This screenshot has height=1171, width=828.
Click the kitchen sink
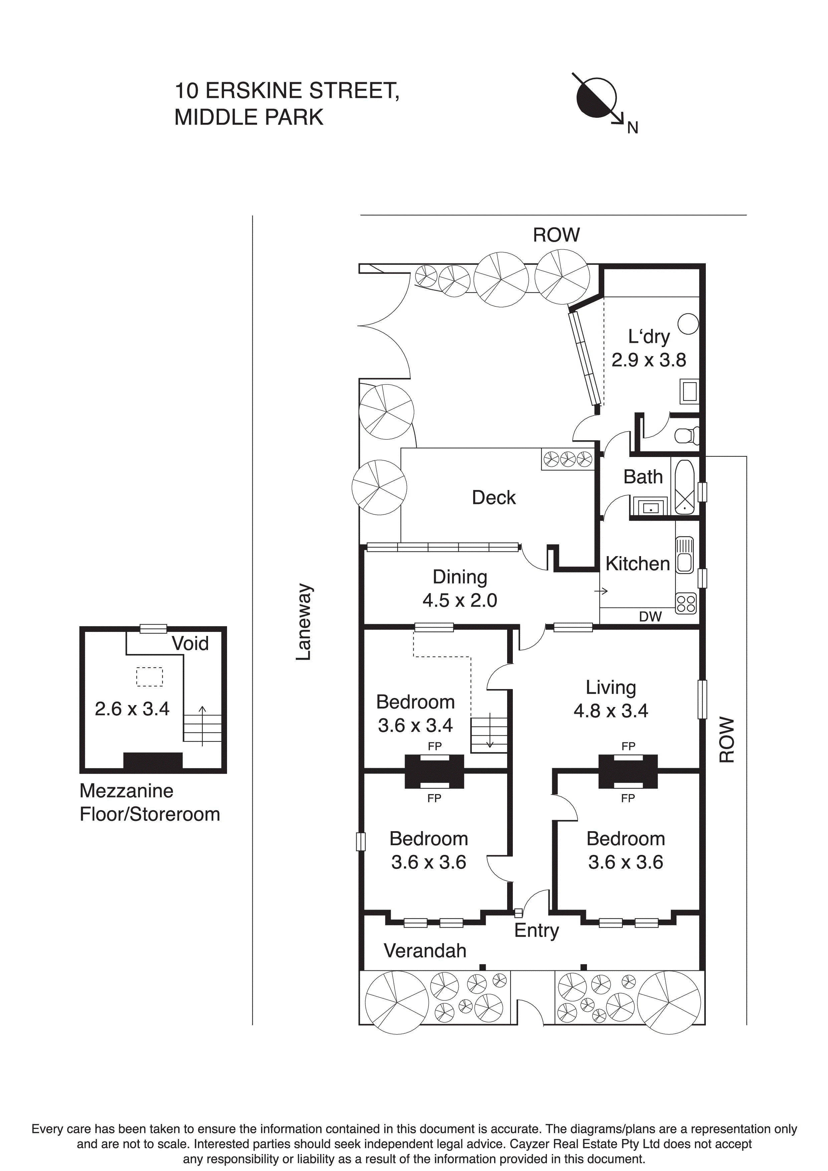pyautogui.click(x=684, y=555)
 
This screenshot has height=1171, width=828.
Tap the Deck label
pyautogui.click(x=493, y=497)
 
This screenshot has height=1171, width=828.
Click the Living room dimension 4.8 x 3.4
pyautogui.click(x=610, y=710)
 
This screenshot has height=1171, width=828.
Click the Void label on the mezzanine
pyautogui.click(x=190, y=643)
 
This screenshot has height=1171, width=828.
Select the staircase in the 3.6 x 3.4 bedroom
pyautogui.click(x=489, y=735)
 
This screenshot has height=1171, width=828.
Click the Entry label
pyautogui.click(x=536, y=930)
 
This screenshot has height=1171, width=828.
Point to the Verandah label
pyautogui.click(x=425, y=951)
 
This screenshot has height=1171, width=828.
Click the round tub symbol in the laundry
pyautogui.click(x=688, y=324)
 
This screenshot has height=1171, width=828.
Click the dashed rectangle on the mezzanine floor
pyautogui.click(x=150, y=676)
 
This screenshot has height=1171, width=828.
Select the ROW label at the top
pyautogui.click(x=556, y=235)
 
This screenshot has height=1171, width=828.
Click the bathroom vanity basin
pyautogui.click(x=650, y=507)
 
